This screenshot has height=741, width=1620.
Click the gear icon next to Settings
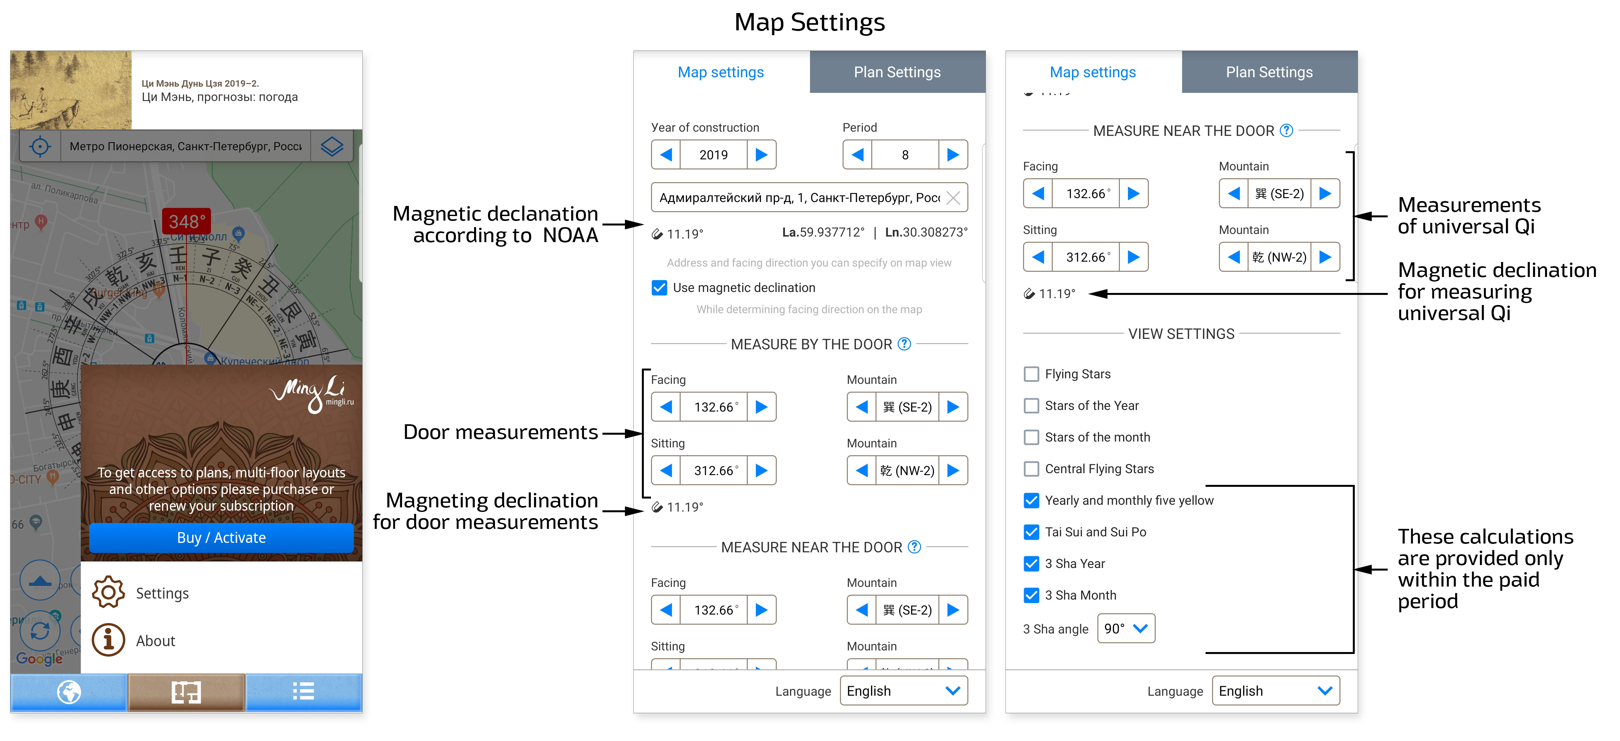(108, 592)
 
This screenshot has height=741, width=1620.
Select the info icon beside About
(108, 640)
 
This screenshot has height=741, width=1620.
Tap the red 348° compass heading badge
(187, 221)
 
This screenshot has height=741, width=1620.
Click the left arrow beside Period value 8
(857, 155)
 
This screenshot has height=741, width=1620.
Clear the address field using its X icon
(953, 198)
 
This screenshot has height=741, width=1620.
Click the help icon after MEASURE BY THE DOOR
(904, 344)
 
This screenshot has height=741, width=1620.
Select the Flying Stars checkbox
(1031, 374)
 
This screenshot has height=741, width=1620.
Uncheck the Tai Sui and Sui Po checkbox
(1031, 532)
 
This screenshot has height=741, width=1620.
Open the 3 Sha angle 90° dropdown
(1126, 628)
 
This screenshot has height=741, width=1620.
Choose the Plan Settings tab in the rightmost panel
(1269, 72)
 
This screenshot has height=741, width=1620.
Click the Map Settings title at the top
(809, 22)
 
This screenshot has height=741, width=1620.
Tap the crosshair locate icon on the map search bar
(40, 147)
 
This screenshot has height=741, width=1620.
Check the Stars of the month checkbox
(1031, 437)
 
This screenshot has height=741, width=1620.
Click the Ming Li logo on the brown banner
(312, 393)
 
